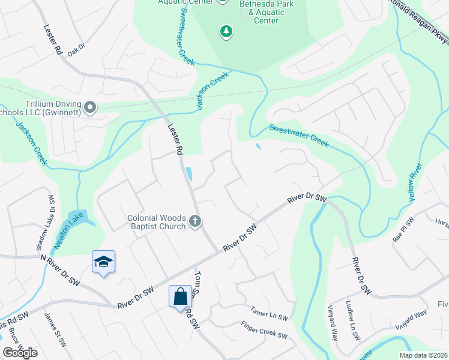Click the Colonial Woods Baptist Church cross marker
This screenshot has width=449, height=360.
point(194,222)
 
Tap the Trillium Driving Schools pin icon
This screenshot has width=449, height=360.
point(90,107)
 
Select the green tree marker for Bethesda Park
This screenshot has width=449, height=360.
point(226,31)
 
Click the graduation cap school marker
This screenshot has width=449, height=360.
point(103,262)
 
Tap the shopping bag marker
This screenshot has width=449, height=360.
point(180,296)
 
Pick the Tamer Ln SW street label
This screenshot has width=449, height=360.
point(270,314)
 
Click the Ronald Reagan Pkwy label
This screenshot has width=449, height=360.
point(418,20)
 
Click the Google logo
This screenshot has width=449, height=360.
point(20,353)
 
